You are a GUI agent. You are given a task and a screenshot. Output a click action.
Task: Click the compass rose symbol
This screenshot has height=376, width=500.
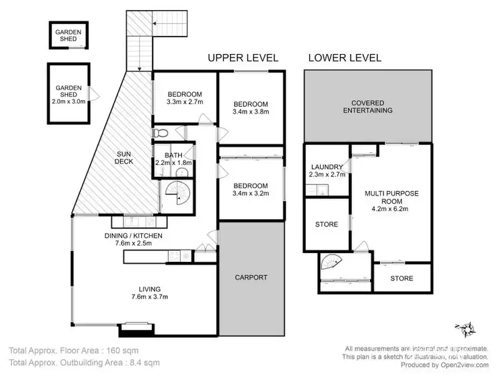point(466,329)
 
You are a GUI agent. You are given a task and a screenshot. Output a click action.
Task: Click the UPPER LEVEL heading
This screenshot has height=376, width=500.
point(243,58)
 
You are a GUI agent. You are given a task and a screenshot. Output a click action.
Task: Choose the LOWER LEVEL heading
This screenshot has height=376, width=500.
point(345,58)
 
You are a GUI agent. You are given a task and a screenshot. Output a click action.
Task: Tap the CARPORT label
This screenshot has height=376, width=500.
point(251,277)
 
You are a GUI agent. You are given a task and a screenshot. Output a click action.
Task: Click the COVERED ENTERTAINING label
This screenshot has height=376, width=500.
point(367,107)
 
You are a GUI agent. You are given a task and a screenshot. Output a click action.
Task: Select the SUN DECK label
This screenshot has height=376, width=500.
point(124,158)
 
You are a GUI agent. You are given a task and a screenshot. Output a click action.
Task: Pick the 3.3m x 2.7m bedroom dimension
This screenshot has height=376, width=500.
point(185,102)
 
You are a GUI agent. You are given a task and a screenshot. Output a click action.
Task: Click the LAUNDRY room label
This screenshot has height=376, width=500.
point(327,167)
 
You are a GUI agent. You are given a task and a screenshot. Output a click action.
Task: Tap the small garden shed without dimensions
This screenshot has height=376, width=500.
point(68,35)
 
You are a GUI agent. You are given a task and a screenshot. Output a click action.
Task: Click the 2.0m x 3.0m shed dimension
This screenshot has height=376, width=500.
point(69,102)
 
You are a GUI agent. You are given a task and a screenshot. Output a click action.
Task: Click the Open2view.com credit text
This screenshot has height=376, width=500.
point(465,365)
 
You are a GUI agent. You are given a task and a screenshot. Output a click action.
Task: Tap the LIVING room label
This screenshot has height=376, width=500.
point(149,289)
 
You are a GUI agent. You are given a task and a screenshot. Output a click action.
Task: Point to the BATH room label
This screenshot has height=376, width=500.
point(173,155)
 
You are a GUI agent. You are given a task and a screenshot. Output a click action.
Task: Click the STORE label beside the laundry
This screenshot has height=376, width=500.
point(327,224)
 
